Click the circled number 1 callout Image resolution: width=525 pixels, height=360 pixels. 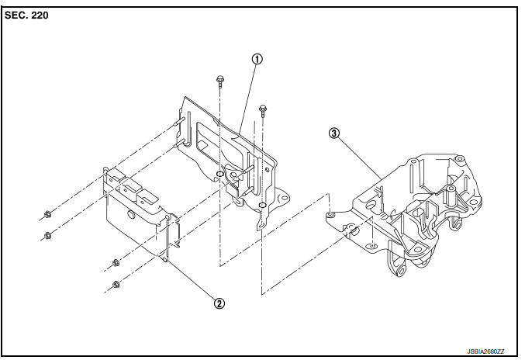click(x=257, y=59)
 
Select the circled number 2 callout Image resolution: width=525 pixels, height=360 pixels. click(x=219, y=303)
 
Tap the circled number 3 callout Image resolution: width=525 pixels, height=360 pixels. click(x=333, y=133)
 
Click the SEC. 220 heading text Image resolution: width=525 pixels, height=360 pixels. click(x=26, y=16)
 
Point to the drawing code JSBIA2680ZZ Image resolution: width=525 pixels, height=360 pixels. click(x=485, y=351)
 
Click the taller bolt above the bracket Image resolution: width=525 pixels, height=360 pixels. click(x=220, y=81)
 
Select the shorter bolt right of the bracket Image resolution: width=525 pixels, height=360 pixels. click(x=262, y=110)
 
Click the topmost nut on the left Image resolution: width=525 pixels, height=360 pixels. click(x=47, y=214)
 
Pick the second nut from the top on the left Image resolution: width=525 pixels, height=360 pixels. click(x=47, y=235)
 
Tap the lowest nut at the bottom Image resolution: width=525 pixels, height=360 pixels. click(x=116, y=285)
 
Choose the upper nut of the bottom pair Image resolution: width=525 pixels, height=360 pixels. click(x=116, y=263)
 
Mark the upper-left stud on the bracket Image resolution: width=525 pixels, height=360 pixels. click(x=179, y=123)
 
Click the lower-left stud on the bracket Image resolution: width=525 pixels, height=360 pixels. click(x=180, y=144)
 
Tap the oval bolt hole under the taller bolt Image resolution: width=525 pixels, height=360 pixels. click(x=220, y=174)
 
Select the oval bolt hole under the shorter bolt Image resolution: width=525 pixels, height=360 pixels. click(x=262, y=205)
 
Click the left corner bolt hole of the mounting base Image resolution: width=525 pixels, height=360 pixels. click(x=331, y=214)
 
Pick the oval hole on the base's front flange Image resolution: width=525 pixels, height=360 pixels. click(x=372, y=247)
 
